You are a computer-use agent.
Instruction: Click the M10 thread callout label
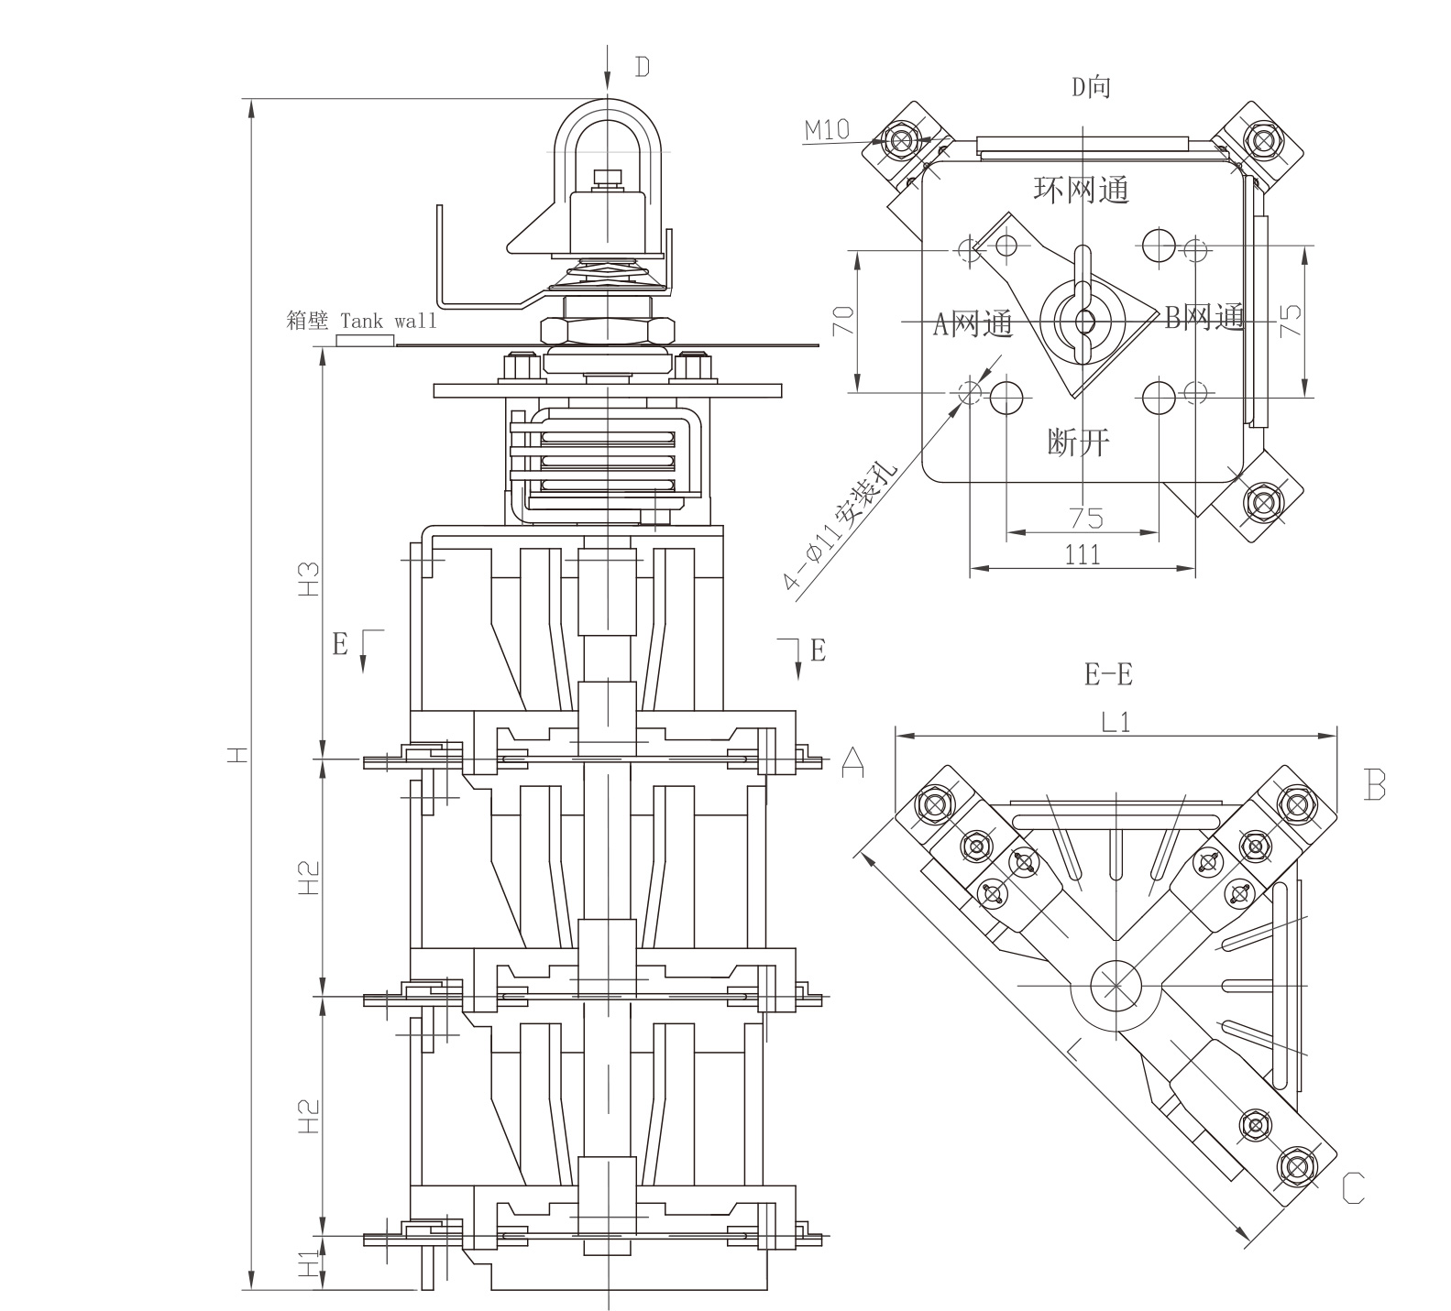828,129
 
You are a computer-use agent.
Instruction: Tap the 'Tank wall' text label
389,322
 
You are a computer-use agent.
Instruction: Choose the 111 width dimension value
1083,553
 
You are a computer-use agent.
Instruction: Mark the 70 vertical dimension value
844,320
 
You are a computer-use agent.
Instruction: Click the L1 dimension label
1115,722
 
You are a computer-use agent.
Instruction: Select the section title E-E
1108,675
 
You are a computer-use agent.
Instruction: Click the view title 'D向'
1091,87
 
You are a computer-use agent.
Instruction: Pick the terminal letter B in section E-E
1374,784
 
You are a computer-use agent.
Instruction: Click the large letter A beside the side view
852,760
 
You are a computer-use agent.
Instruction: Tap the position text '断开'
1079,442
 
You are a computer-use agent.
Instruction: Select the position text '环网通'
1082,190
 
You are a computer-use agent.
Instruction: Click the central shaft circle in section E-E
1115,985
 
